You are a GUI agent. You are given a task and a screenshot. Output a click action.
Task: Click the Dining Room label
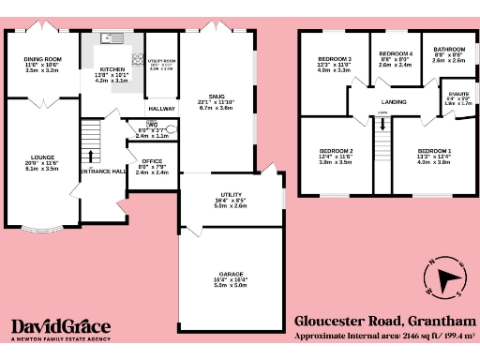42,59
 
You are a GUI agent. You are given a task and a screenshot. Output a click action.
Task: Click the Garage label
232,274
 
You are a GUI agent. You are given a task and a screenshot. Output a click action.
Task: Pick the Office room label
152,161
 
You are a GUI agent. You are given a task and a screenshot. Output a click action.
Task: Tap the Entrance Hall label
103,171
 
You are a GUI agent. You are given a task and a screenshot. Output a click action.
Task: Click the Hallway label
162,109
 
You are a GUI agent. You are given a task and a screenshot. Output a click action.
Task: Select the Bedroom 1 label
434,151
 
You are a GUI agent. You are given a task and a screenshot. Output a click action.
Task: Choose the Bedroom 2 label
336,151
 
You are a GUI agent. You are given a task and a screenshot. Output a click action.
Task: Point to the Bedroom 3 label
335,59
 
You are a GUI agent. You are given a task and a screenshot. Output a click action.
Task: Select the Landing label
394,101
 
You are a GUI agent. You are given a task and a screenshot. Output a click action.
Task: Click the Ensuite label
457,93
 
